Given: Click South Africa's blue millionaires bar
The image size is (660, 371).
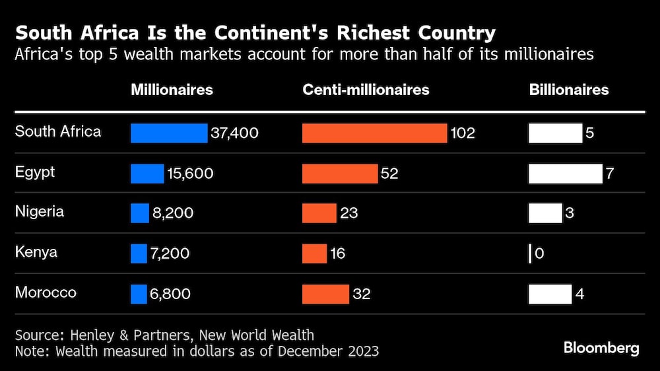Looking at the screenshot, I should tap(169, 133).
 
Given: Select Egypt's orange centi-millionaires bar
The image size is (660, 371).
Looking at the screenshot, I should tap(340, 174).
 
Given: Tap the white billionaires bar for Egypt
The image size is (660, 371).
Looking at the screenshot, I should tap(566, 174).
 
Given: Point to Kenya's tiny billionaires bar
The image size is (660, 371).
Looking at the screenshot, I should tap(530, 253).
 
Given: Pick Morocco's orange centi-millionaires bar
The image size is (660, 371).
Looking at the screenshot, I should tap(325, 294).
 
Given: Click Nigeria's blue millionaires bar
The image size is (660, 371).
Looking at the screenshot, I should tap(140, 213).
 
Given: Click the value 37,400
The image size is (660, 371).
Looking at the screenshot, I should tap(234, 133).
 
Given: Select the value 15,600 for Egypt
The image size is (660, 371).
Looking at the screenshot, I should tap(190, 174).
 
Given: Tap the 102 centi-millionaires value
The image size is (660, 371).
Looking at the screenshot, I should tap(462, 133).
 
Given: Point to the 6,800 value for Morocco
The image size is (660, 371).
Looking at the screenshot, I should tap(171, 294).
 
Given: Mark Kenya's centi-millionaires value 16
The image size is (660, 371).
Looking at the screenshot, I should tap(337, 253).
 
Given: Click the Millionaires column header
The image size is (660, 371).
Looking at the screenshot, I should tap(172, 90).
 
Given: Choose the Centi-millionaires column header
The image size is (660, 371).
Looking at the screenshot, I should tap(366, 90).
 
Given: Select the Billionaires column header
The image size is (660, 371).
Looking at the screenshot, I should tap(569, 90).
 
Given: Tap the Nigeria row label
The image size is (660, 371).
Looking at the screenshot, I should tap(40, 212).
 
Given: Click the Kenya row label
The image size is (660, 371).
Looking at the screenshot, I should tap(36, 252).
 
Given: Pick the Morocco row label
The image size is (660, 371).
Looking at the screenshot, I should tap(46, 292).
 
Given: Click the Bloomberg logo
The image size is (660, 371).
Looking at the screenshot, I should tap(601, 349).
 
